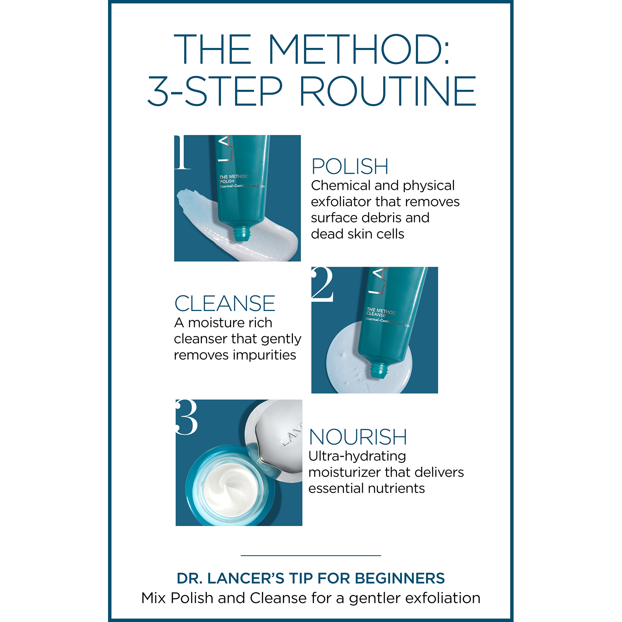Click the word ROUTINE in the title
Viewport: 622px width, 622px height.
[387, 91]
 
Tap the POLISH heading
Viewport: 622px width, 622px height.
[350, 166]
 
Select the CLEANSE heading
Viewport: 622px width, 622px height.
[225, 304]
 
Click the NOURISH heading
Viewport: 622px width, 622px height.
[358, 437]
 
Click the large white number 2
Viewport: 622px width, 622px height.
[322, 284]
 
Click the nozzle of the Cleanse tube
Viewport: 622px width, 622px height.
[379, 370]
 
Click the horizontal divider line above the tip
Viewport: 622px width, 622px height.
[311, 555]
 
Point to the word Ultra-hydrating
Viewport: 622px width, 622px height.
[357, 456]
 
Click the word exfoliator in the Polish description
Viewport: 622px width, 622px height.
[341, 202]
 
